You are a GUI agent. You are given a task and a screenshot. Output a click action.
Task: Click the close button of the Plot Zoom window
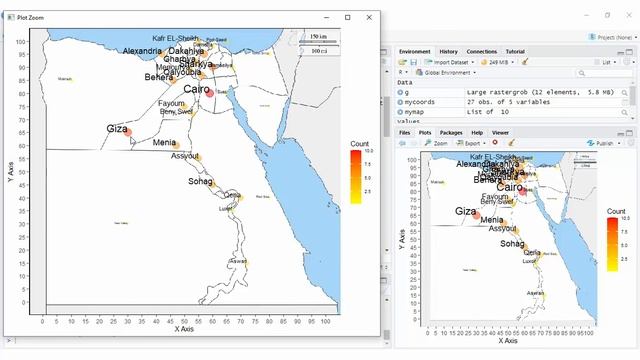pyautogui.click(x=371, y=17)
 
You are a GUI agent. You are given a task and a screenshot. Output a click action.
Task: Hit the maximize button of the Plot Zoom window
pyautogui.click(x=347, y=17)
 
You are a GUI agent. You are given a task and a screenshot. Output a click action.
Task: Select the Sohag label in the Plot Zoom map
pyautogui.click(x=200, y=182)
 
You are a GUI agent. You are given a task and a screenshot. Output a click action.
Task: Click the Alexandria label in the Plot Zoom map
pyautogui.click(x=141, y=51)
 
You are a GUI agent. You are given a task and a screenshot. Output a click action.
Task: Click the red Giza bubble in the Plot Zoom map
pyautogui.click(x=128, y=134)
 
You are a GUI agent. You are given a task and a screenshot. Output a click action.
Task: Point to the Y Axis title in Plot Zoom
pyautogui.click(x=10, y=170)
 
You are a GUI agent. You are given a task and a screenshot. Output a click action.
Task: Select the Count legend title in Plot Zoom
pyautogui.click(x=360, y=144)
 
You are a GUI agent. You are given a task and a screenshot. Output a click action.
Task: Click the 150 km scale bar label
pyautogui.click(x=318, y=36)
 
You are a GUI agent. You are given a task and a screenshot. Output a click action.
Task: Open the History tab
pyautogui.click(x=449, y=51)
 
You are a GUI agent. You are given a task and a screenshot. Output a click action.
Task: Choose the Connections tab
pyautogui.click(x=482, y=51)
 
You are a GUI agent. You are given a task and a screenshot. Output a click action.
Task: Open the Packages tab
pyautogui.click(x=451, y=132)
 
